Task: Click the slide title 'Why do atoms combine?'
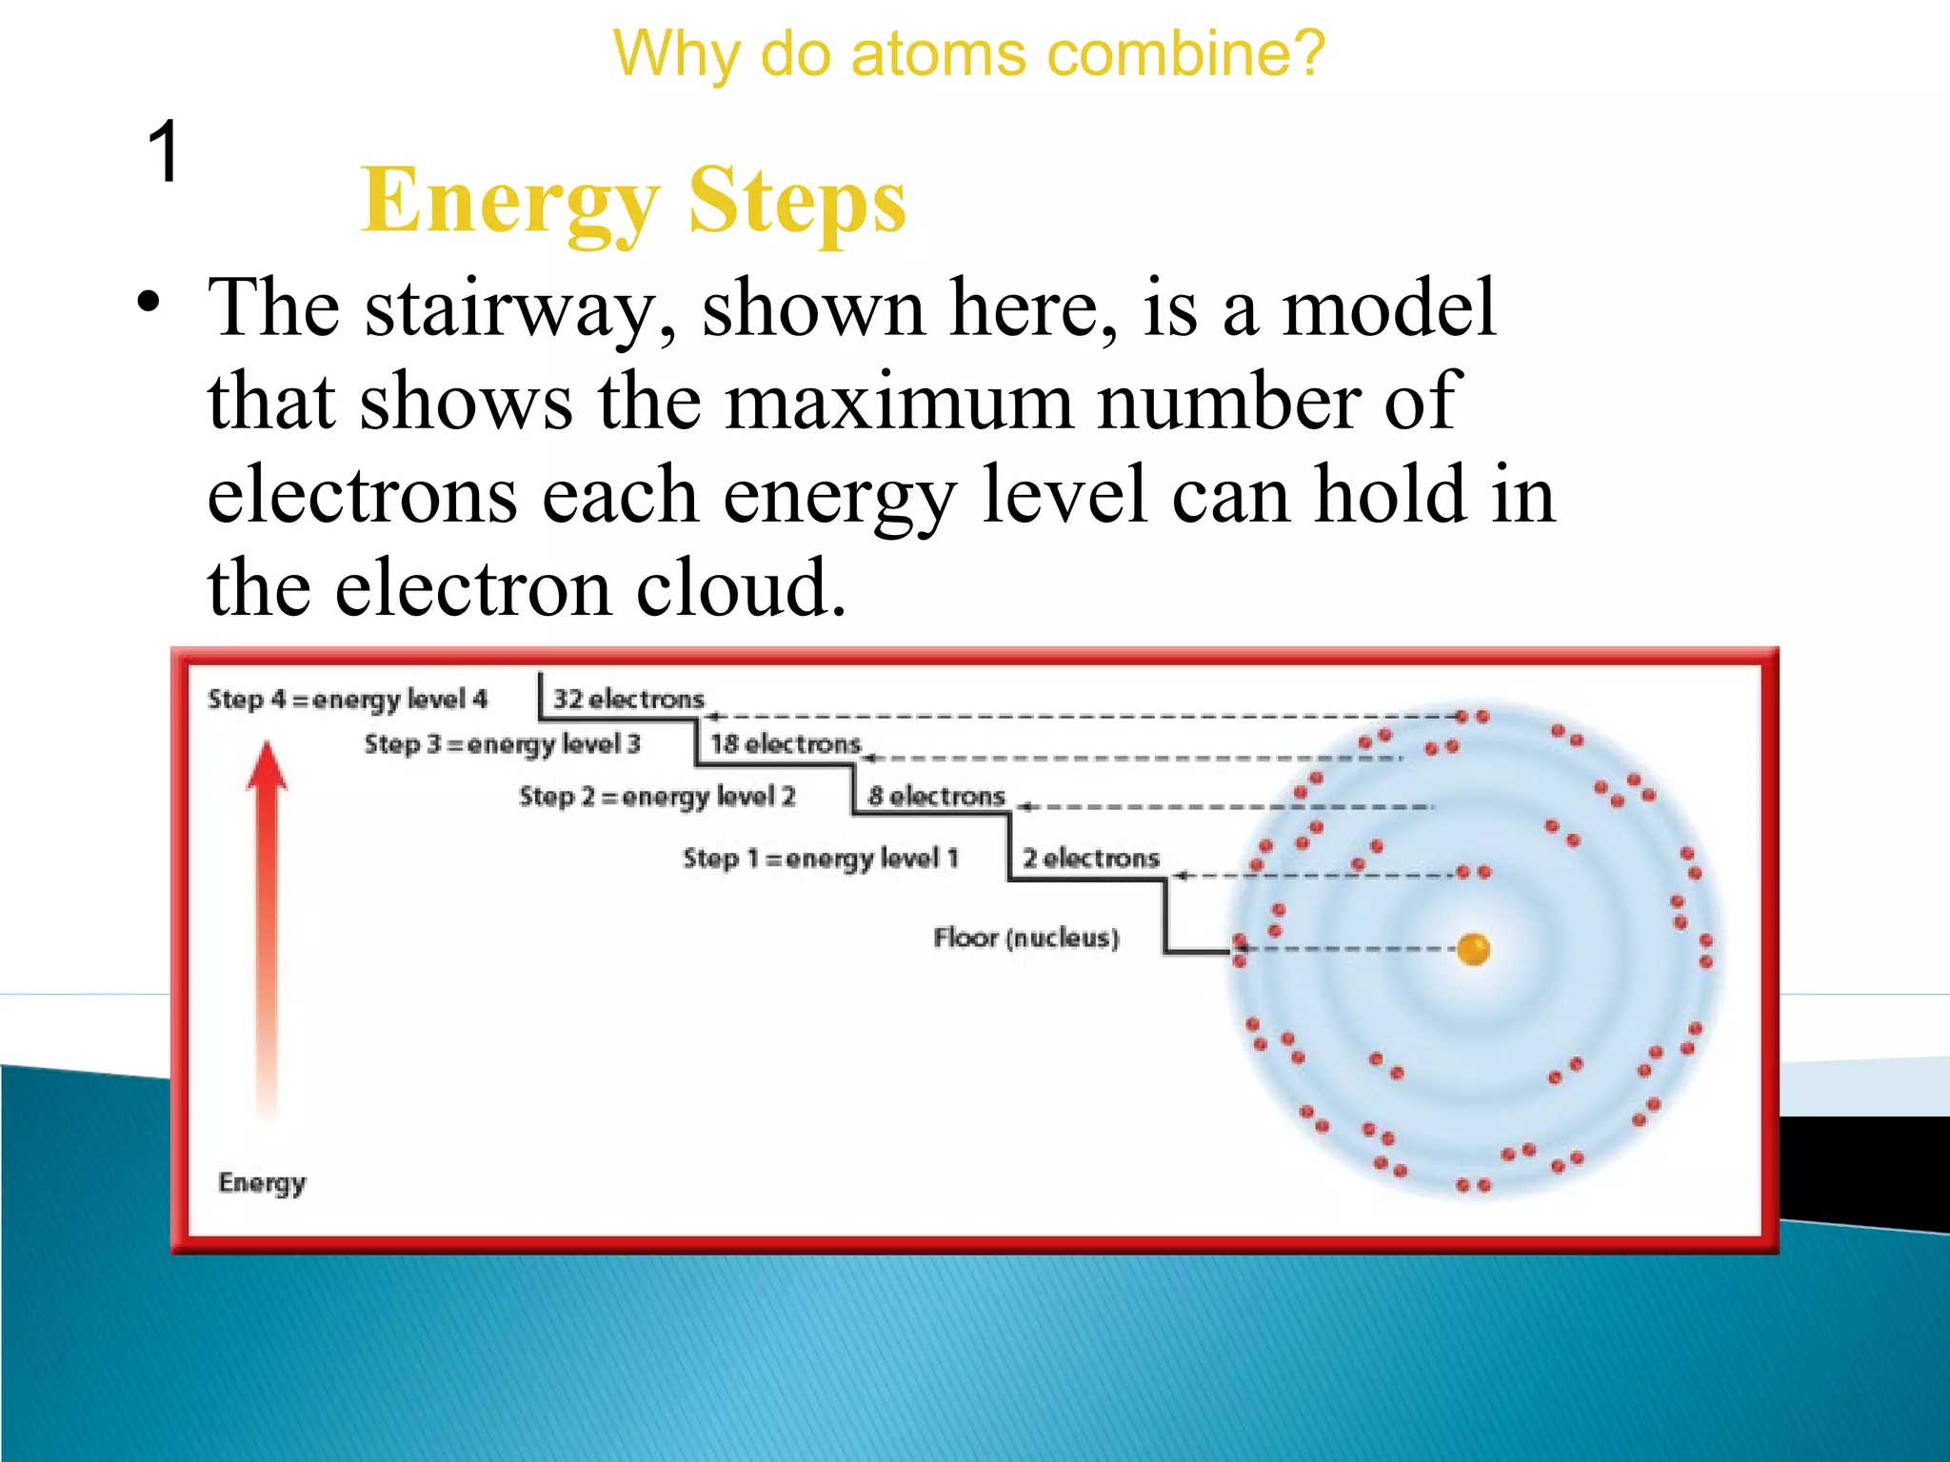pos(968,54)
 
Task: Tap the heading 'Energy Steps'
pos(633,201)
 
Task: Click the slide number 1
pos(165,152)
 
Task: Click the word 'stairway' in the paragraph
pos(521,309)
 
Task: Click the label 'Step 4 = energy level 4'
pos(348,700)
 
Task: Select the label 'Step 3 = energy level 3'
pos(502,744)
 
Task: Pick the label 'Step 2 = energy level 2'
pos(656,797)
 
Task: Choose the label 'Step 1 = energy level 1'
pos(820,859)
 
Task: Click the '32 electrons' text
pos(628,700)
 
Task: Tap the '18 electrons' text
pos(786,744)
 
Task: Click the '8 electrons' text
pos(936,797)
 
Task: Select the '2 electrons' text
pos(1091,859)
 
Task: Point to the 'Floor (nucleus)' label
pos(1025,938)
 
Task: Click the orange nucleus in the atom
pos(1473,949)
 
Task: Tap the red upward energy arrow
pos(268,904)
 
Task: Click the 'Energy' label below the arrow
pos(262,1183)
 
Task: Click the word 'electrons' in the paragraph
pos(361,496)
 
